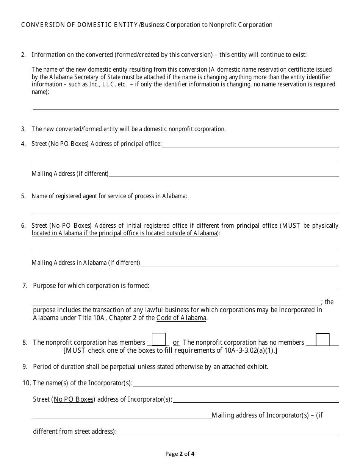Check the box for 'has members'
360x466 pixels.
click(158, 339)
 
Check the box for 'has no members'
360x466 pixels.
click(322, 339)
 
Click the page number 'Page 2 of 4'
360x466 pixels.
click(180, 453)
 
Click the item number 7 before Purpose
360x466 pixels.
click(25, 286)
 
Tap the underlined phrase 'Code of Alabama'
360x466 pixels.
click(181, 318)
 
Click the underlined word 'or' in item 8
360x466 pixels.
click(176, 342)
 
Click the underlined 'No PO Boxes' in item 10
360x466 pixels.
click(74, 399)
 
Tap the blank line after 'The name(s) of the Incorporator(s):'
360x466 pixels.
click(235, 383)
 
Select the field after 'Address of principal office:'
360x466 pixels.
click(250, 144)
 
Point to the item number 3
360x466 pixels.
click(23, 129)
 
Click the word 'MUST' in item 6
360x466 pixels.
click(291, 226)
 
